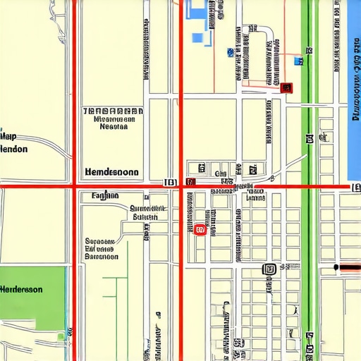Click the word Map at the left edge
(x=8, y=137)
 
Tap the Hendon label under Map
(x=14, y=149)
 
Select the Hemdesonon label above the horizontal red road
(x=111, y=172)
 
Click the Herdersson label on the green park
(x=20, y=290)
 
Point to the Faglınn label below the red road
(x=105, y=196)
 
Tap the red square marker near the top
(x=286, y=87)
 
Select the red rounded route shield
(x=200, y=229)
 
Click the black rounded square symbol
(x=267, y=269)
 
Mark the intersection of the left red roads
(x=74, y=186)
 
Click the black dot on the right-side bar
(x=338, y=267)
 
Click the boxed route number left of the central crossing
(x=169, y=182)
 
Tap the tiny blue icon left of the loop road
(x=230, y=51)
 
